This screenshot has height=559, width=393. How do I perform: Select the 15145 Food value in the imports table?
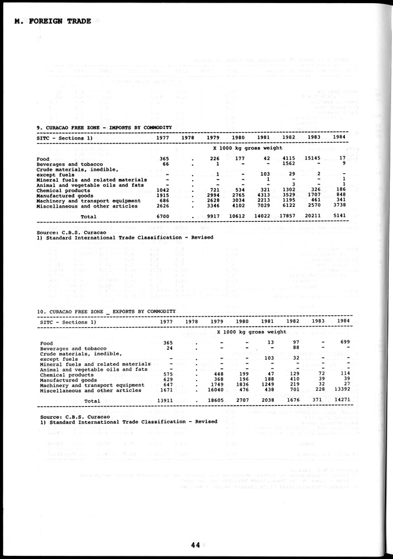316,158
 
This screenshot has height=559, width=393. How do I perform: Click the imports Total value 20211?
316,217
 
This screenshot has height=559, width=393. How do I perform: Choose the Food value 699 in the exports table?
341,343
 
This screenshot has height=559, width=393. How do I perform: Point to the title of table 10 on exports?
106,311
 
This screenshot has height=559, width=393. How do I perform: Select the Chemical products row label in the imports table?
63,190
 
